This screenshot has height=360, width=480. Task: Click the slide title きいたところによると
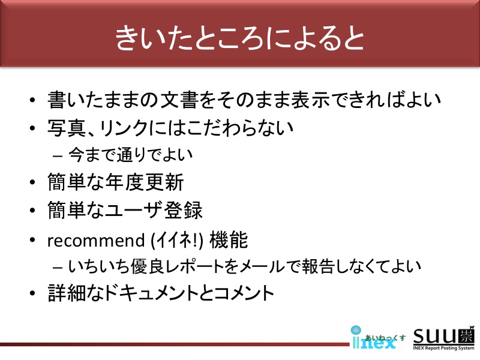coord(239,38)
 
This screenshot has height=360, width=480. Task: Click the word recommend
coord(96,240)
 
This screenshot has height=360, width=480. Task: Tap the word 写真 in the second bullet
coord(67,128)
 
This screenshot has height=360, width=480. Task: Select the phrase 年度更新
coord(145,182)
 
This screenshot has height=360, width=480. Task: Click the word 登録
coord(183,211)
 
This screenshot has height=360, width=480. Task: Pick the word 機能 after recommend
coord(229,240)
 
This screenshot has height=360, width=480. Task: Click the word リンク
coord(124,128)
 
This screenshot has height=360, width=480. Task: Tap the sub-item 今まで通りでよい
coord(131,155)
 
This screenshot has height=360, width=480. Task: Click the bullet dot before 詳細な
coord(33,293)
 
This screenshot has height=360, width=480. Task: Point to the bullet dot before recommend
coord(33,240)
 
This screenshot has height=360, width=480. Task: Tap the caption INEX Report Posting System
coord(443,348)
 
